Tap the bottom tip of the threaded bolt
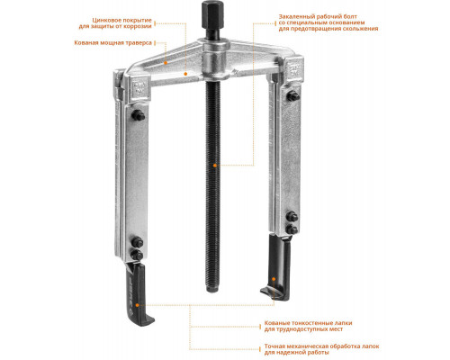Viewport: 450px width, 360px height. point(212,291)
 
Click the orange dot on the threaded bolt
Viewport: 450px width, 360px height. point(215,165)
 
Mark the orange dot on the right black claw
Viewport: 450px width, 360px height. point(274,279)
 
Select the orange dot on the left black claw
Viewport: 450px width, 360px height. point(137,305)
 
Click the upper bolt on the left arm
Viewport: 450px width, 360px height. point(138,115)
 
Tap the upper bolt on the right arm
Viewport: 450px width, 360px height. point(292,96)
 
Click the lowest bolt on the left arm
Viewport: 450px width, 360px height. point(137,256)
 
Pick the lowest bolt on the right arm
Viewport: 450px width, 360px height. point(292,229)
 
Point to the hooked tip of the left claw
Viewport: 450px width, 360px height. point(148,320)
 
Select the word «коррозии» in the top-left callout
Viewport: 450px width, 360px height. point(139,26)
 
